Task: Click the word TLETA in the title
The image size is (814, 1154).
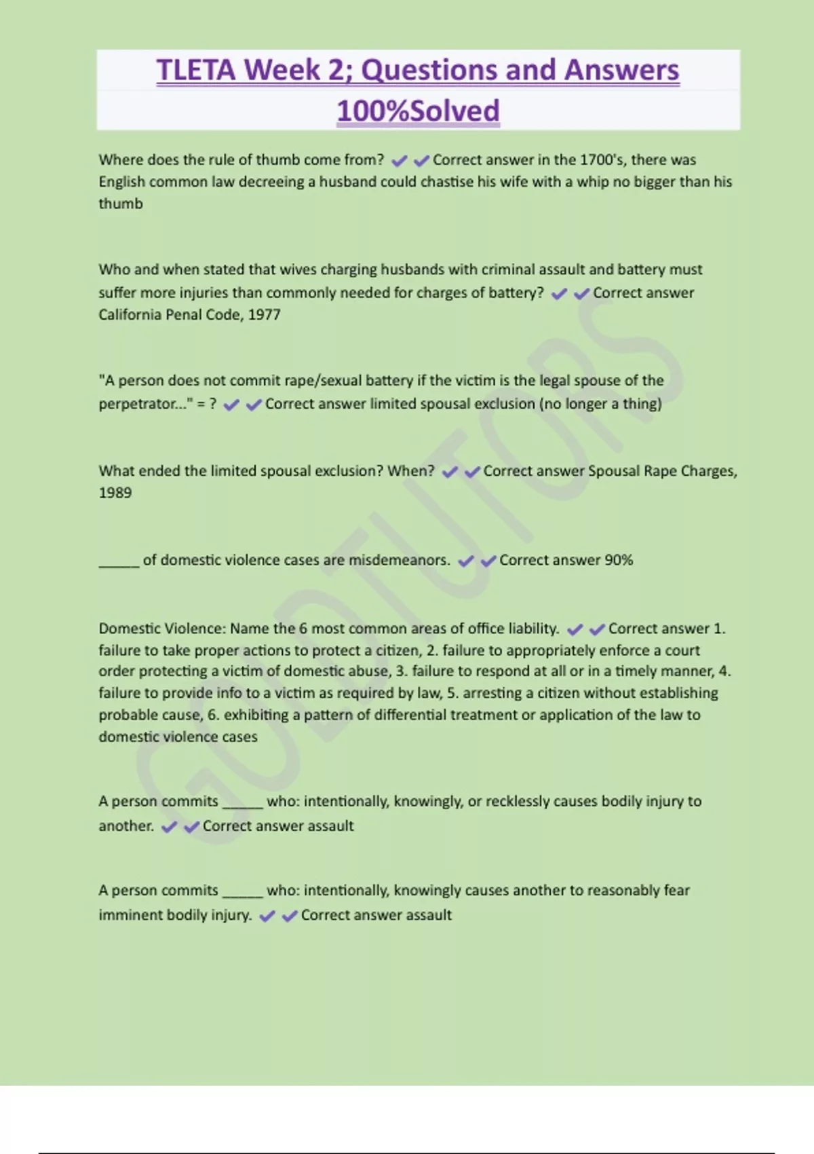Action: coord(196,70)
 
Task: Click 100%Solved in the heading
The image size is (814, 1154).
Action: coord(418,111)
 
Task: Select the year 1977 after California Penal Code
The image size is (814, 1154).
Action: coord(264,315)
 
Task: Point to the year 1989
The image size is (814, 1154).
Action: coord(115,493)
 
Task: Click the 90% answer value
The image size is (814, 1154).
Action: coord(619,560)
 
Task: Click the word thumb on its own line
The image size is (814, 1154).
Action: coord(121,204)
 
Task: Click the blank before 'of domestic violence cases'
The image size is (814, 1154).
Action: coord(119,562)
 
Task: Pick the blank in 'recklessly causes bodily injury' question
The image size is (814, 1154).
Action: coord(242,804)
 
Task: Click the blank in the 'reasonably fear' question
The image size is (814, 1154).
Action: coord(242,893)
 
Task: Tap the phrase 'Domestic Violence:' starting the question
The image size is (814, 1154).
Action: coord(161,629)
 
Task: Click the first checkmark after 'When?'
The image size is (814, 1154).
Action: coord(450,472)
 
